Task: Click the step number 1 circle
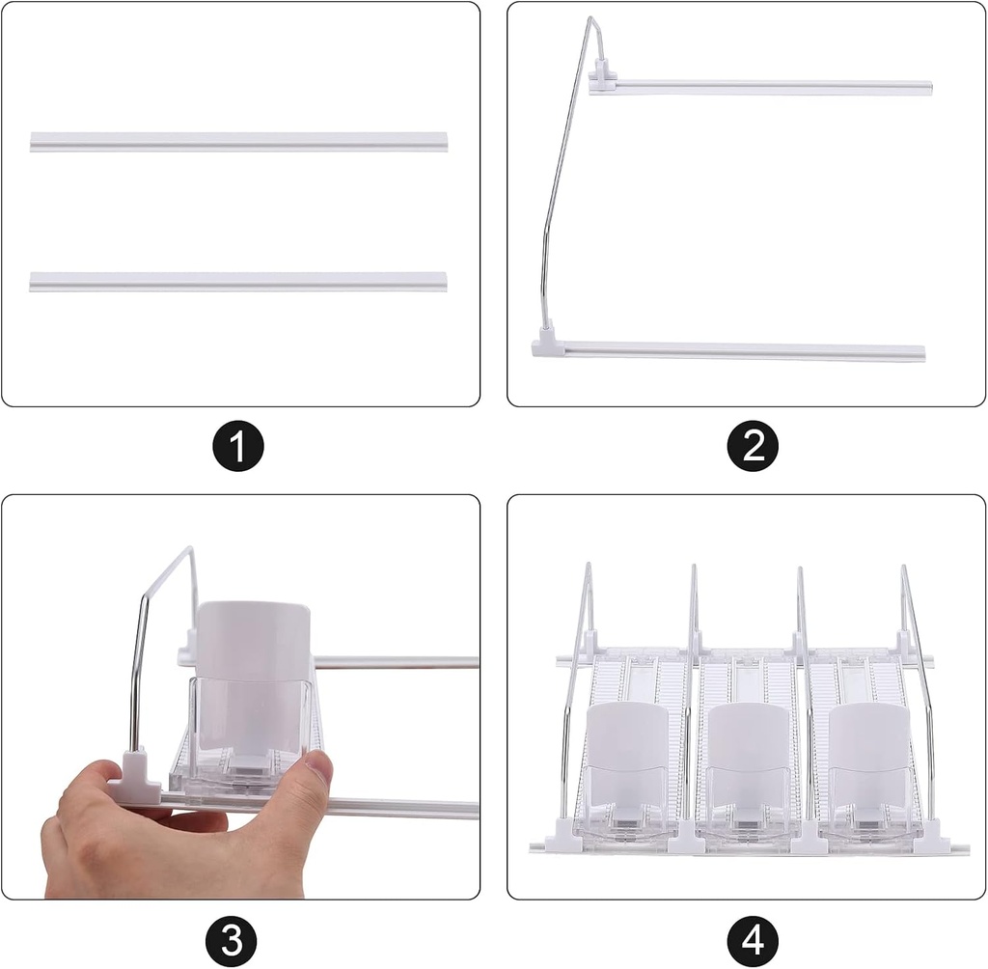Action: pos(239,448)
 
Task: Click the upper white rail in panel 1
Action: pos(239,142)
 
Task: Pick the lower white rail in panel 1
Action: pos(239,282)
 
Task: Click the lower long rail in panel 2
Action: pos(743,351)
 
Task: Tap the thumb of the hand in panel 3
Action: pos(315,772)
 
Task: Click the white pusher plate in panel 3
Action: pos(253,642)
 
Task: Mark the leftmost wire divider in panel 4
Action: pos(575,695)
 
